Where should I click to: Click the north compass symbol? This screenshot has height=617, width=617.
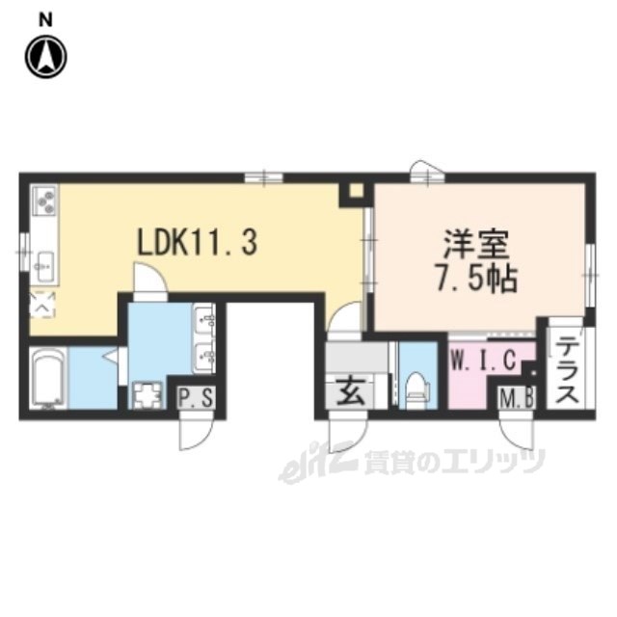(45, 57)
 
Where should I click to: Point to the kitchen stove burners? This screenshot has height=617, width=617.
(45, 201)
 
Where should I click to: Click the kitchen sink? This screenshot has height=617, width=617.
(44, 263)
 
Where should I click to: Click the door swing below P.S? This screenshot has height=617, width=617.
(193, 434)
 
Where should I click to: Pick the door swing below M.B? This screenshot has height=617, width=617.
(515, 434)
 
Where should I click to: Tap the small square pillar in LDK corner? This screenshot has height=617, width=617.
(356, 191)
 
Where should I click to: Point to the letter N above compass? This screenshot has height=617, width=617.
(45, 17)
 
